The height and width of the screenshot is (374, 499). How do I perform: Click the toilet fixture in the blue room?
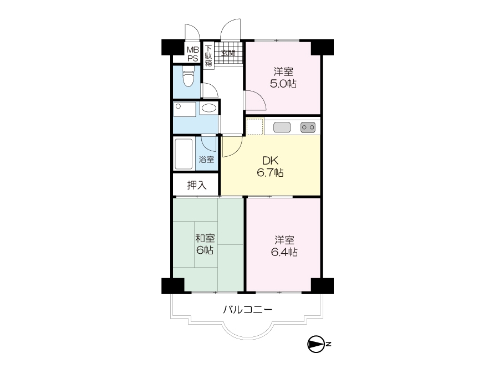click(188, 76)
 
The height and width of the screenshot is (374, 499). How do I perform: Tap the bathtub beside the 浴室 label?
click(184, 154)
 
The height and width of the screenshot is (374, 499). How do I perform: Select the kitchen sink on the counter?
click(282, 127)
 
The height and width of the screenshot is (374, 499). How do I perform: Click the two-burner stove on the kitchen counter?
click(308, 127)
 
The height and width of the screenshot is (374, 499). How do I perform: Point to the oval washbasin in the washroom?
click(208, 109)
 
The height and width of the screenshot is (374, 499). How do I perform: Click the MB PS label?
click(193, 54)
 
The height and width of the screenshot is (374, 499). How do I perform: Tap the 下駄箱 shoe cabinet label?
click(208, 55)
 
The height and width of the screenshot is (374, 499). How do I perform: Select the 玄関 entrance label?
click(228, 53)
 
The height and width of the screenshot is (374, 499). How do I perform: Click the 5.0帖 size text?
click(283, 84)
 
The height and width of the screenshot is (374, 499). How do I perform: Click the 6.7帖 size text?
click(270, 173)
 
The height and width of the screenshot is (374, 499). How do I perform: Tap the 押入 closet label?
click(197, 185)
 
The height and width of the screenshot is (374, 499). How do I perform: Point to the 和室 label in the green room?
click(205, 238)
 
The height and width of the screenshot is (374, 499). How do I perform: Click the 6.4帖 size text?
click(284, 252)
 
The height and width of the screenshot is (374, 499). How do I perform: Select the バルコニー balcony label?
click(247, 309)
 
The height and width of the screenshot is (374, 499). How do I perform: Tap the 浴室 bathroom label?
click(206, 160)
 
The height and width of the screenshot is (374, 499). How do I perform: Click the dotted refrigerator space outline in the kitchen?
click(255, 126)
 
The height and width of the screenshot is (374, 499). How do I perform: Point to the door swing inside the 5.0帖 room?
click(254, 100)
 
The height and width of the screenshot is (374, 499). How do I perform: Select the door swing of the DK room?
click(232, 146)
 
